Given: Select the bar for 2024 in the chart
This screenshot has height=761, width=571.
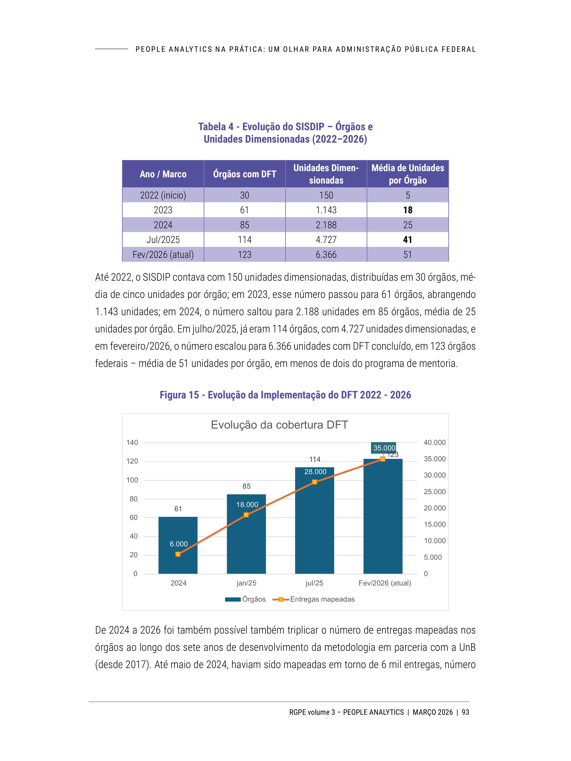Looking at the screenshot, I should (178, 547).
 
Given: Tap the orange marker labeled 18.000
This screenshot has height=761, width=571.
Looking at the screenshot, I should (246, 515).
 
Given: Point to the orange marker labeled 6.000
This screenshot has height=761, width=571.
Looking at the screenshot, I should (178, 554).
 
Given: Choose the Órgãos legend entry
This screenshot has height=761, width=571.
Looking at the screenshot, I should (245, 599).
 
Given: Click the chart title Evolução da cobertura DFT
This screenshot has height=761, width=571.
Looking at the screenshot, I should (279, 425).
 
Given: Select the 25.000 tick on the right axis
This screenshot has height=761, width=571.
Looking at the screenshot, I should (434, 492).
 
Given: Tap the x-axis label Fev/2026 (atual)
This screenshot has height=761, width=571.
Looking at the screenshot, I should (384, 583).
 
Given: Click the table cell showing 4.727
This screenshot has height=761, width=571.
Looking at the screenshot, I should (326, 239).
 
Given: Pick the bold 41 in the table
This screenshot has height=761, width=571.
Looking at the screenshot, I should (408, 239).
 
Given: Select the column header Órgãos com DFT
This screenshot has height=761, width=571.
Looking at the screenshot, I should (244, 174).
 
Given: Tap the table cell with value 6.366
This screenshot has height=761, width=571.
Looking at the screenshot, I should (326, 255).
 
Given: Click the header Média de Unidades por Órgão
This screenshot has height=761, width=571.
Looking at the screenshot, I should (408, 174).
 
